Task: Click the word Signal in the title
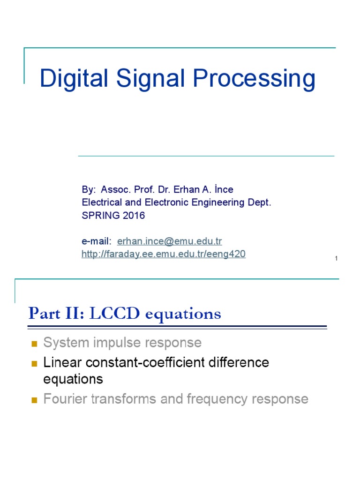coord(143,79)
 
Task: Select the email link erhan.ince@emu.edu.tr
coord(169,241)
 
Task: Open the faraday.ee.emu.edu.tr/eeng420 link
coord(164,254)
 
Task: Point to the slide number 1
coord(337,259)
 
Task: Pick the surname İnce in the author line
coord(223,190)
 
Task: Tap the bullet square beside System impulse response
coord(34,344)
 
